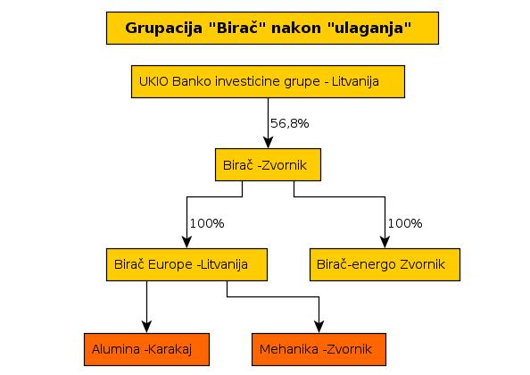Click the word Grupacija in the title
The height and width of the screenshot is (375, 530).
(164, 28)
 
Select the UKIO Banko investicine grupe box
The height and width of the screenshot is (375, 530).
(268, 82)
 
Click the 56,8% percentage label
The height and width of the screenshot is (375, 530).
(290, 123)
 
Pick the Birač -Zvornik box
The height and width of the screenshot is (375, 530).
(268, 164)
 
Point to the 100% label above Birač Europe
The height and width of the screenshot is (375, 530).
(207, 223)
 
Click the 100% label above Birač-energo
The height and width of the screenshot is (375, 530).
(405, 223)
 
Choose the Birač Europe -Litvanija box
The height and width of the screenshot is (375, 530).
(186, 265)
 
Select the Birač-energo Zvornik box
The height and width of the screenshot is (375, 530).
(385, 265)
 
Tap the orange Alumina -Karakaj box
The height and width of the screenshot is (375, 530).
(146, 350)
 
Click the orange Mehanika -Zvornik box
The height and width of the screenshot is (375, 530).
(319, 350)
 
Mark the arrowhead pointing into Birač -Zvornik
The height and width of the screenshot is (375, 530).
(268, 143)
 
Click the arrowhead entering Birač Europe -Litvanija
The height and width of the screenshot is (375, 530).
(186, 243)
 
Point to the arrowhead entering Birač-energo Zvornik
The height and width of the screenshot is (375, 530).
(385, 243)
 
